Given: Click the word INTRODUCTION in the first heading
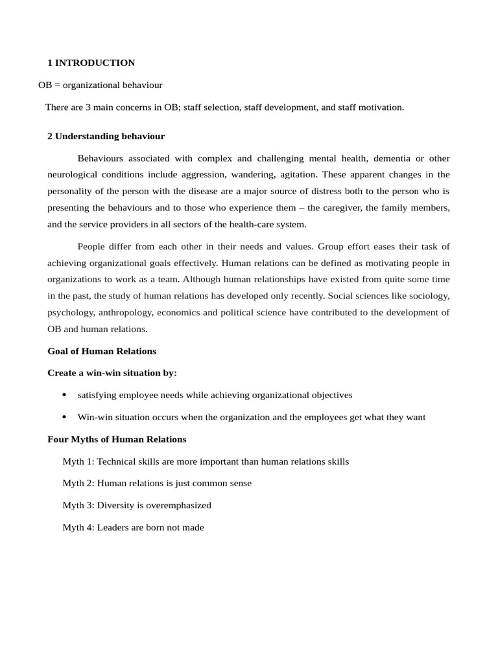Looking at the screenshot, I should point(95,63).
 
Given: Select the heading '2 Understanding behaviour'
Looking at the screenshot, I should point(106,136).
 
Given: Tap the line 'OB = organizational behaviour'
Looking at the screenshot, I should point(100,85).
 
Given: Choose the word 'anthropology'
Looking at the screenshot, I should point(126,312).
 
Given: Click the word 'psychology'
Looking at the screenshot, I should point(70,312).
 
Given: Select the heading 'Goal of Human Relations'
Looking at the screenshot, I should point(102,351).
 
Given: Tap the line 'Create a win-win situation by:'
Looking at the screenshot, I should point(112,373).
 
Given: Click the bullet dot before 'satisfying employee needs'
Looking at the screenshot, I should point(64,395).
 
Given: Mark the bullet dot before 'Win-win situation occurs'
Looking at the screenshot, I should point(64,417).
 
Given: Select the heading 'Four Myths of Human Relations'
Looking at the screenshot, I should point(117,439).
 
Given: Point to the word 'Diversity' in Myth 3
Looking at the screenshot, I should point(117,505).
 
